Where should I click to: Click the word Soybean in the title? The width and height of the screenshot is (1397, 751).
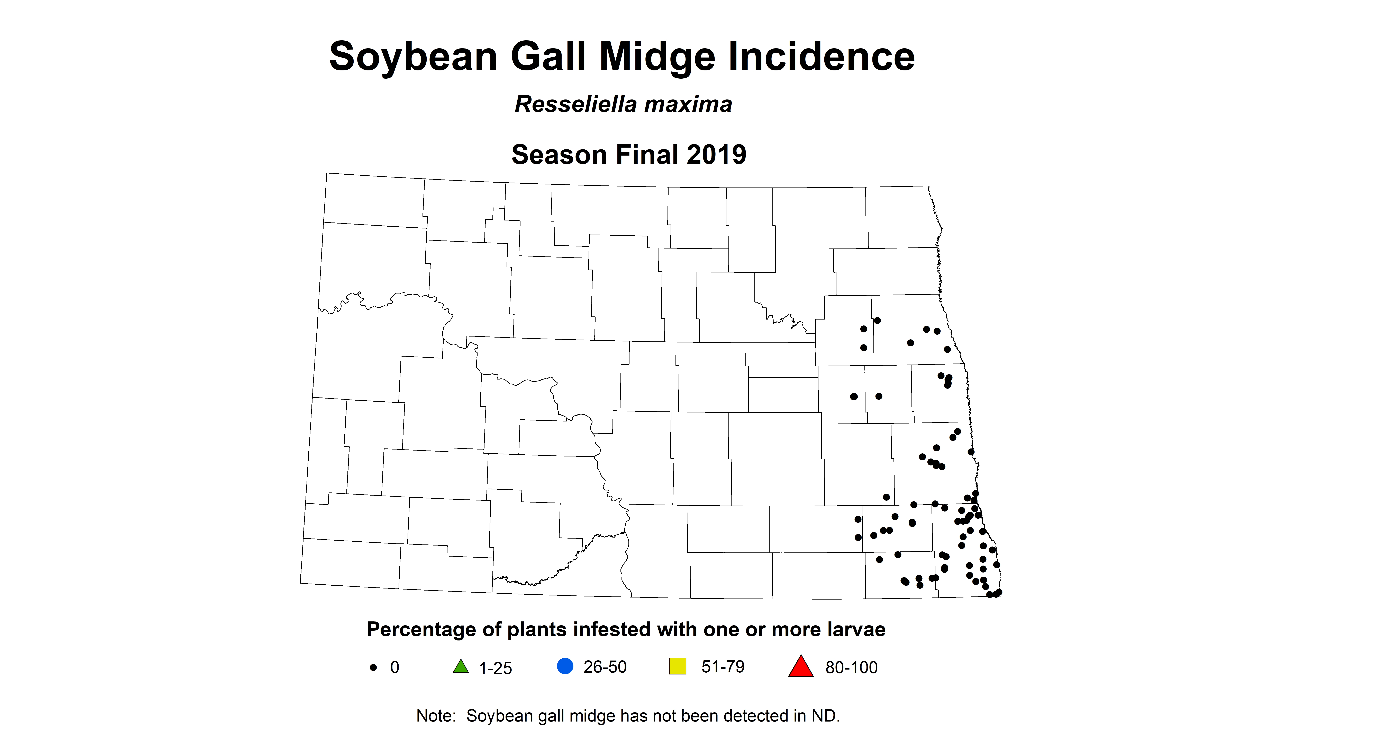413,57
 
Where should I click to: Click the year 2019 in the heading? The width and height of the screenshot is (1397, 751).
716,155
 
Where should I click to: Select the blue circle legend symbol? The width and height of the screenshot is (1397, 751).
565,666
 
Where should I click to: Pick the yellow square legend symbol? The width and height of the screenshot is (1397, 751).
678,666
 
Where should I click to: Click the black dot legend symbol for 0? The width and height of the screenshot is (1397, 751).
373,667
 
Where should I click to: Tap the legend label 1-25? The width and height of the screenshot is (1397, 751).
495,668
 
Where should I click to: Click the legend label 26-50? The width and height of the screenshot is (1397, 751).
605,667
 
